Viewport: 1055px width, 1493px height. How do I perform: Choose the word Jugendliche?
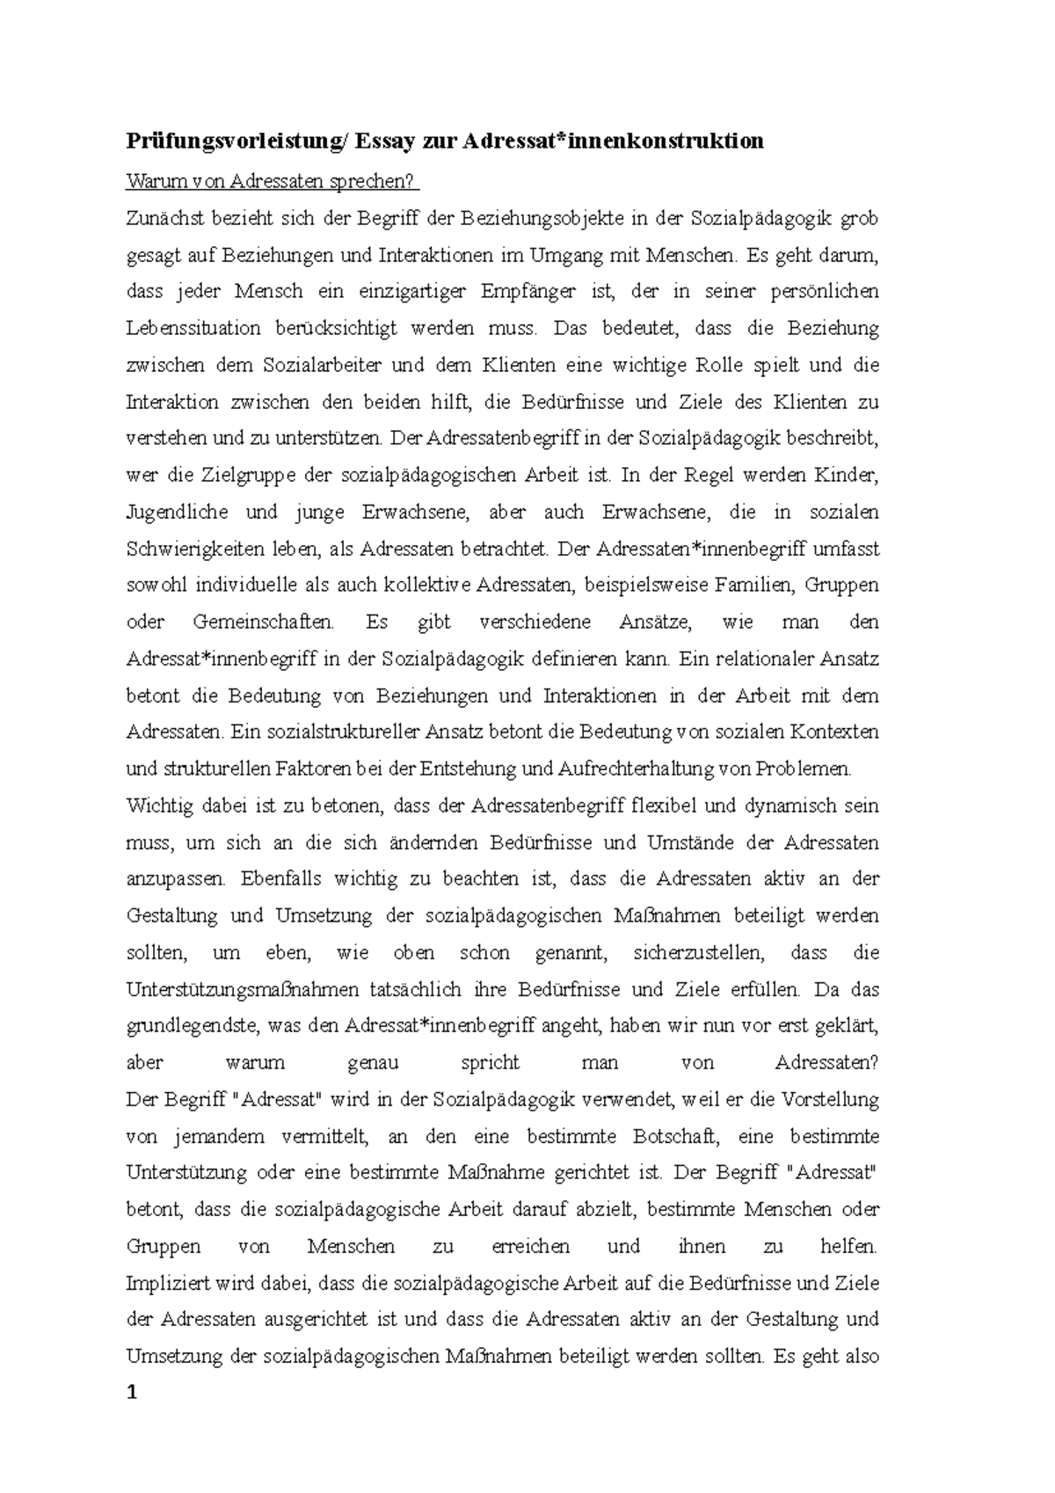point(178,512)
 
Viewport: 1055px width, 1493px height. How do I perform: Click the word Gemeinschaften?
point(263,623)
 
